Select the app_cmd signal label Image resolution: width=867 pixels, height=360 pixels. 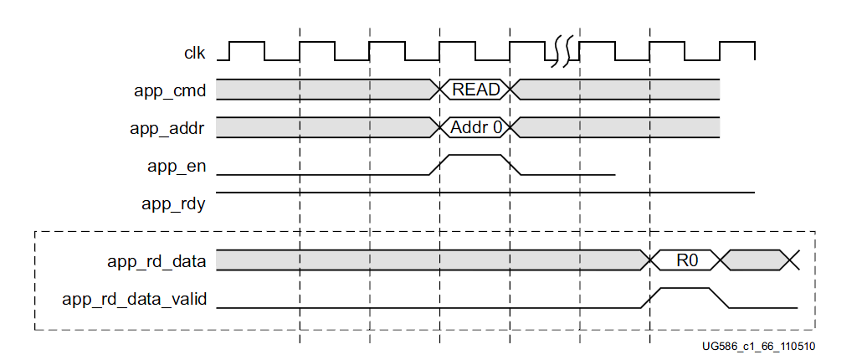click(x=170, y=90)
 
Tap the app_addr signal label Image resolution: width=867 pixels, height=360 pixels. click(x=167, y=128)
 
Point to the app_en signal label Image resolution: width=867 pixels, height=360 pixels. click(x=174, y=166)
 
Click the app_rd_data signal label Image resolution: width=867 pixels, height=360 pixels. click(x=156, y=261)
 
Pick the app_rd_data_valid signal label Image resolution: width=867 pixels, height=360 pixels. click(x=135, y=298)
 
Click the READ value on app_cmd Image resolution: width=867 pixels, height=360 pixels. click(x=475, y=90)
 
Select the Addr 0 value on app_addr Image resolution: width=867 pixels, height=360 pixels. click(x=475, y=128)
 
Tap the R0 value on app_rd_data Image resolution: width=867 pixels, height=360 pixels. click(x=686, y=261)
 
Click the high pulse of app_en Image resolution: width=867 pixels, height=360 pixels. click(x=475, y=156)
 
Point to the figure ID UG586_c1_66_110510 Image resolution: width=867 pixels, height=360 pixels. click(x=760, y=346)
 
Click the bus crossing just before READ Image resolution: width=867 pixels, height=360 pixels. click(x=439, y=90)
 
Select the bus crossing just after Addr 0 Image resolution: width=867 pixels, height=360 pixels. click(x=512, y=128)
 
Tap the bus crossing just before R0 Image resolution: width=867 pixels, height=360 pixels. click(x=649, y=261)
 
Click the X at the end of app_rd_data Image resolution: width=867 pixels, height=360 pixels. click(x=792, y=261)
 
